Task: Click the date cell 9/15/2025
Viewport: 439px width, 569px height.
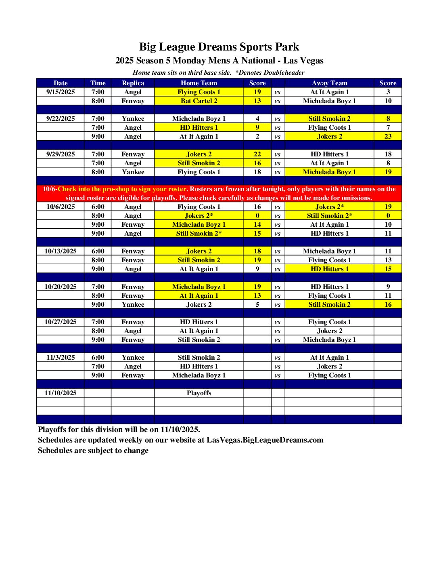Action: [x=61, y=92]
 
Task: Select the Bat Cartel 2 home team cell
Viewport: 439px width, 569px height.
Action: [x=199, y=101]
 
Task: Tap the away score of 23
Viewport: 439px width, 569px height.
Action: [x=388, y=137]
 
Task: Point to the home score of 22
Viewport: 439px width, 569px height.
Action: [x=257, y=154]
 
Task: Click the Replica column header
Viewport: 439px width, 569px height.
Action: [x=133, y=83]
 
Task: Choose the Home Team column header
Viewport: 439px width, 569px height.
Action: [x=199, y=83]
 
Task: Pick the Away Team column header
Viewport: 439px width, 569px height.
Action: [x=329, y=83]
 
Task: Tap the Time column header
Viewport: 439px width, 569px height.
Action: [x=98, y=83]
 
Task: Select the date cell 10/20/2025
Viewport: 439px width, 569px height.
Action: [x=61, y=287]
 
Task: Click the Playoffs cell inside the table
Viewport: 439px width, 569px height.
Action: [x=199, y=393]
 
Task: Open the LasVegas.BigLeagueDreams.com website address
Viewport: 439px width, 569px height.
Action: [x=265, y=440]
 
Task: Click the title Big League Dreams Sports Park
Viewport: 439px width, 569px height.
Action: [x=219, y=47]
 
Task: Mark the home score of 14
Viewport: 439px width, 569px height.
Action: [x=257, y=225]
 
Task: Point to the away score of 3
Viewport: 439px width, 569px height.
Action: [x=388, y=92]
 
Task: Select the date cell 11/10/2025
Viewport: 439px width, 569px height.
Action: [x=61, y=393]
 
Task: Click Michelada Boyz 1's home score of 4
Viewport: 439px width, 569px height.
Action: [x=257, y=119]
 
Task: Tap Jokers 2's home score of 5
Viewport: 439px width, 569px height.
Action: [x=257, y=305]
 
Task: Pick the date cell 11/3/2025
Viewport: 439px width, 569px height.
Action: [x=61, y=358]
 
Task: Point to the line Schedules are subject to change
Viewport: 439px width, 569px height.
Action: [x=93, y=451]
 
